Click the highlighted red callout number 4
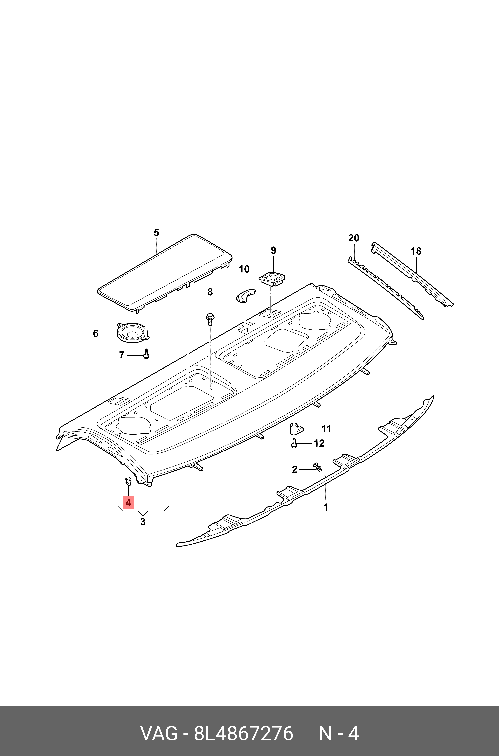(128, 503)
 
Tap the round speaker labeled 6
(131, 333)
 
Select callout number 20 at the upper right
(354, 238)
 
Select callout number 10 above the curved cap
(244, 269)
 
